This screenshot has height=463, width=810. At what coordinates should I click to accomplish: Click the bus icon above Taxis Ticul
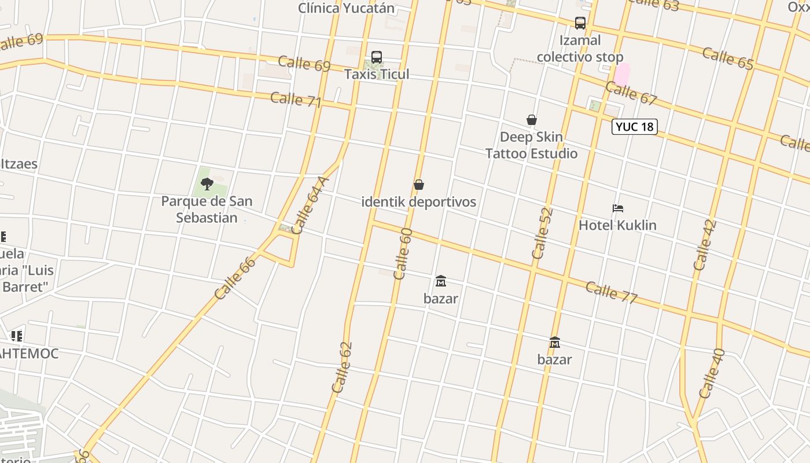point(377,57)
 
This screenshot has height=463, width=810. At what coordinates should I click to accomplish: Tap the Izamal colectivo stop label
point(580,49)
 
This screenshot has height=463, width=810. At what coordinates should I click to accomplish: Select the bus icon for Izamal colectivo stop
point(580,23)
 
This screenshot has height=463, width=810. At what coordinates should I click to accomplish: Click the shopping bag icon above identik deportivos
point(419,185)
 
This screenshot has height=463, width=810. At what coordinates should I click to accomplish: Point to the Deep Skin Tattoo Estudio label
point(531,145)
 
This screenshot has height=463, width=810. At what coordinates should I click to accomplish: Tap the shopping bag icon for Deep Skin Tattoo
point(532,120)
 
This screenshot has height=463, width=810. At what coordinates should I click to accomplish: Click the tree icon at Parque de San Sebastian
point(207,184)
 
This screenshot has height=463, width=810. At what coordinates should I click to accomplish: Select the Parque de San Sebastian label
point(207,210)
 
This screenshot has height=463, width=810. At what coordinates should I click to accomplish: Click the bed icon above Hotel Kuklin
point(618,208)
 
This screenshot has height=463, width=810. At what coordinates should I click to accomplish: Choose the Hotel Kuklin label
point(617,225)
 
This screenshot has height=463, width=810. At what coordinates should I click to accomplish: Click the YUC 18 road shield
point(635,127)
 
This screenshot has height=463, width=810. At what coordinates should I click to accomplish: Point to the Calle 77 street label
point(611,292)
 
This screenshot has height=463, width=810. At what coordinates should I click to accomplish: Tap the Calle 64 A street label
point(310,205)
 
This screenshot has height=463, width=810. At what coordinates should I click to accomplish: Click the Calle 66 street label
point(235,278)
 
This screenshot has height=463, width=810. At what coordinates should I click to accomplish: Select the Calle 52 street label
point(542,233)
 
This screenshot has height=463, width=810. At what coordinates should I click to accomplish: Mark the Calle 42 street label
point(705,245)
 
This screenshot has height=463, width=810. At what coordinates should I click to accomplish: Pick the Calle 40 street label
point(712,373)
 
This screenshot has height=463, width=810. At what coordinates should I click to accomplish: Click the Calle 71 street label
point(296,100)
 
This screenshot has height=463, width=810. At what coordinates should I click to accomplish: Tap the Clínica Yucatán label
point(346,8)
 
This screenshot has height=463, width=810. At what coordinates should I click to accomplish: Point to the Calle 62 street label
point(342,368)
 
